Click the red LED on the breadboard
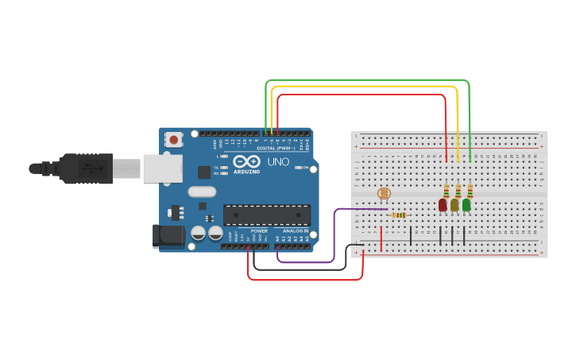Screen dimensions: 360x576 443,205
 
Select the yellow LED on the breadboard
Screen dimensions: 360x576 454,205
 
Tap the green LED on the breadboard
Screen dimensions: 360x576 466,205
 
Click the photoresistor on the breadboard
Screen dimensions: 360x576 383,193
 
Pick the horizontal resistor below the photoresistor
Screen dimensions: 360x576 399,215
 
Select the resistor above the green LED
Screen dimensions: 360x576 470,191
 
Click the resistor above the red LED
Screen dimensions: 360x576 446,191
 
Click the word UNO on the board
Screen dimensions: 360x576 278,161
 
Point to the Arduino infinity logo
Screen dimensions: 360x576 246,161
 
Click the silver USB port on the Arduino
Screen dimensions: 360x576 162,168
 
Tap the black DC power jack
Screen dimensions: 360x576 168,234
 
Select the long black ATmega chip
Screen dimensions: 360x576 266,215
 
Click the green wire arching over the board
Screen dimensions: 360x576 365,80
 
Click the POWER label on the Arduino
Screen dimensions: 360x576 259,231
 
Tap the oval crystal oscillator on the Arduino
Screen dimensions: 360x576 202,192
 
